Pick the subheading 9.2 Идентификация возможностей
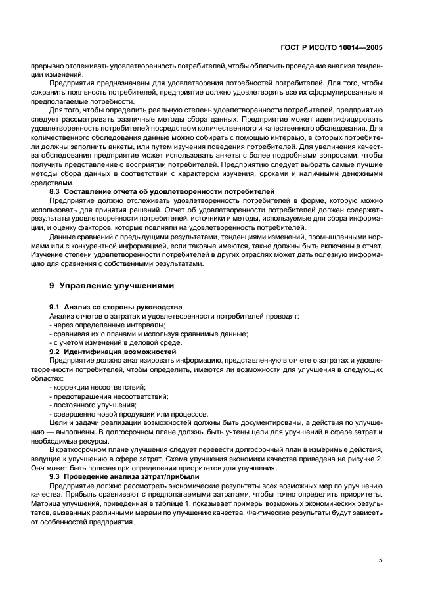pos(113,352)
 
